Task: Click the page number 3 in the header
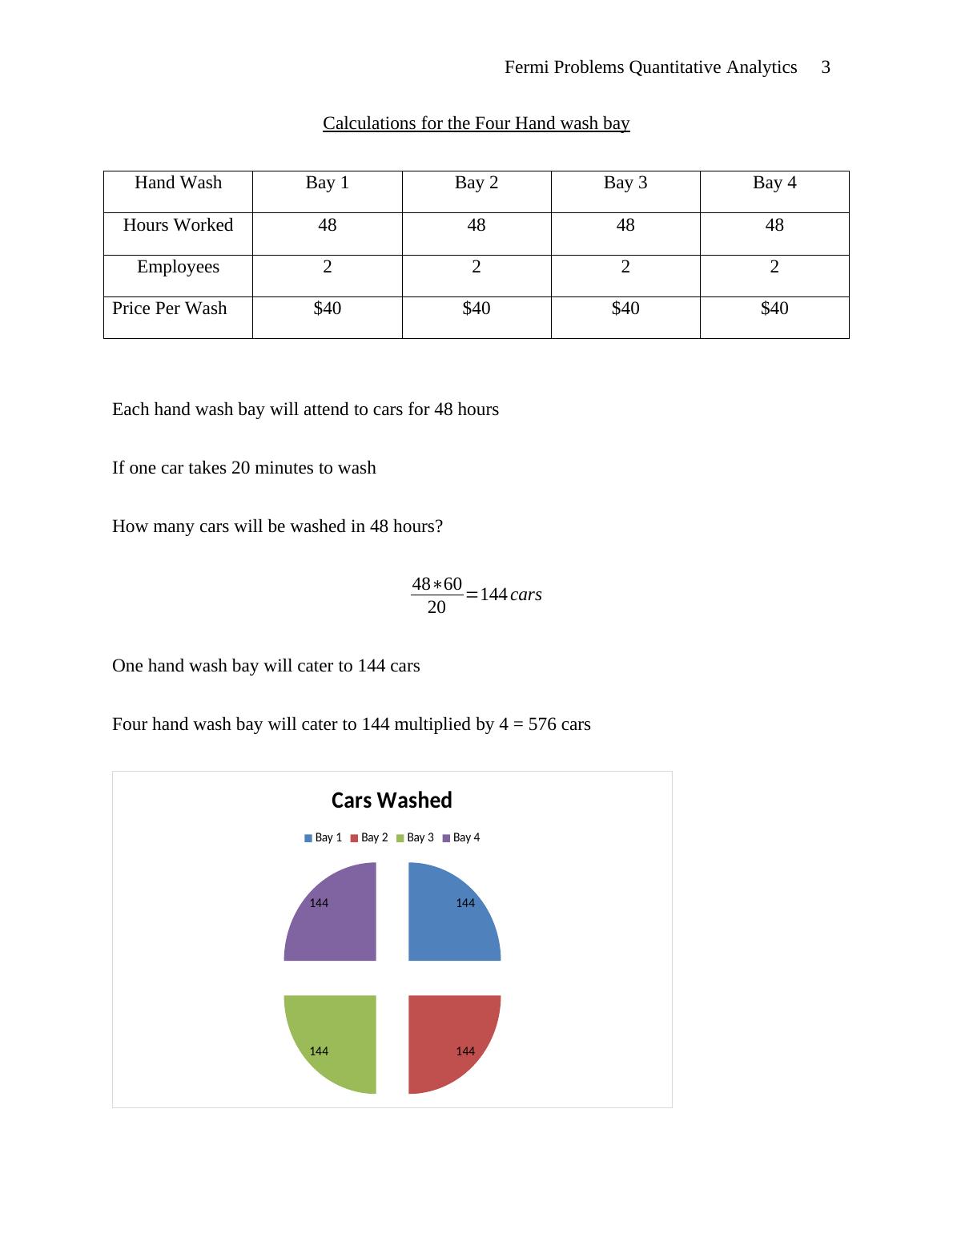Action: (x=826, y=67)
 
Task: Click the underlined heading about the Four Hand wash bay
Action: (x=476, y=123)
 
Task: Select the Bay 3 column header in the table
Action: (x=625, y=183)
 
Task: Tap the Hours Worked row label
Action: (x=178, y=225)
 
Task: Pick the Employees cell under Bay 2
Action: (x=476, y=267)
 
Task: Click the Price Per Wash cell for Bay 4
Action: (x=774, y=308)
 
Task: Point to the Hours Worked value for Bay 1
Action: (x=327, y=225)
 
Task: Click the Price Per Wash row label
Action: (x=170, y=308)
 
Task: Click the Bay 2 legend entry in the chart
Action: (x=369, y=837)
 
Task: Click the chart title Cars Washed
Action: (x=392, y=800)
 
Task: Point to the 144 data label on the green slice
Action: (x=319, y=1051)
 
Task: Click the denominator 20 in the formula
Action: (x=436, y=607)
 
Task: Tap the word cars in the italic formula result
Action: (x=526, y=595)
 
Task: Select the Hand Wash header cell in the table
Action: (x=178, y=183)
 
